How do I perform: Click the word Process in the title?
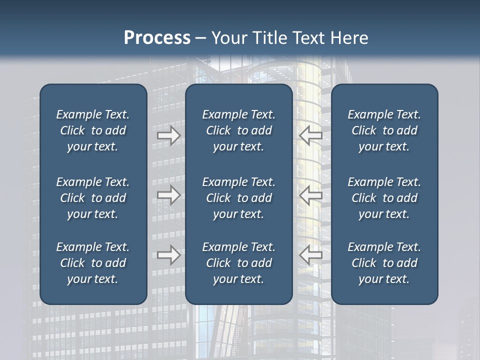157,38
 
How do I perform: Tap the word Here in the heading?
350,38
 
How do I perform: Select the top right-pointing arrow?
169,135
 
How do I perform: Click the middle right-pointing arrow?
169,195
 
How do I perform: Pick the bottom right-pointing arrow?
169,255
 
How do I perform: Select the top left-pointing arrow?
310,135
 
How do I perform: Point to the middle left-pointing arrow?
310,195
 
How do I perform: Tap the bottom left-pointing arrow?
310,255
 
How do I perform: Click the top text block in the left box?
93,130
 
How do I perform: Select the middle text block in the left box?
93,198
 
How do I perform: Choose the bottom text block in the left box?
93,263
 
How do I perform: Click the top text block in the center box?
239,130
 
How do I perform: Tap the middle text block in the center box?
239,198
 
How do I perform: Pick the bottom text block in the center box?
239,263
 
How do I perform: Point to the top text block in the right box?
384,130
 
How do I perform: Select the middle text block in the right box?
384,198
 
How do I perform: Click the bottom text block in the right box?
384,263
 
